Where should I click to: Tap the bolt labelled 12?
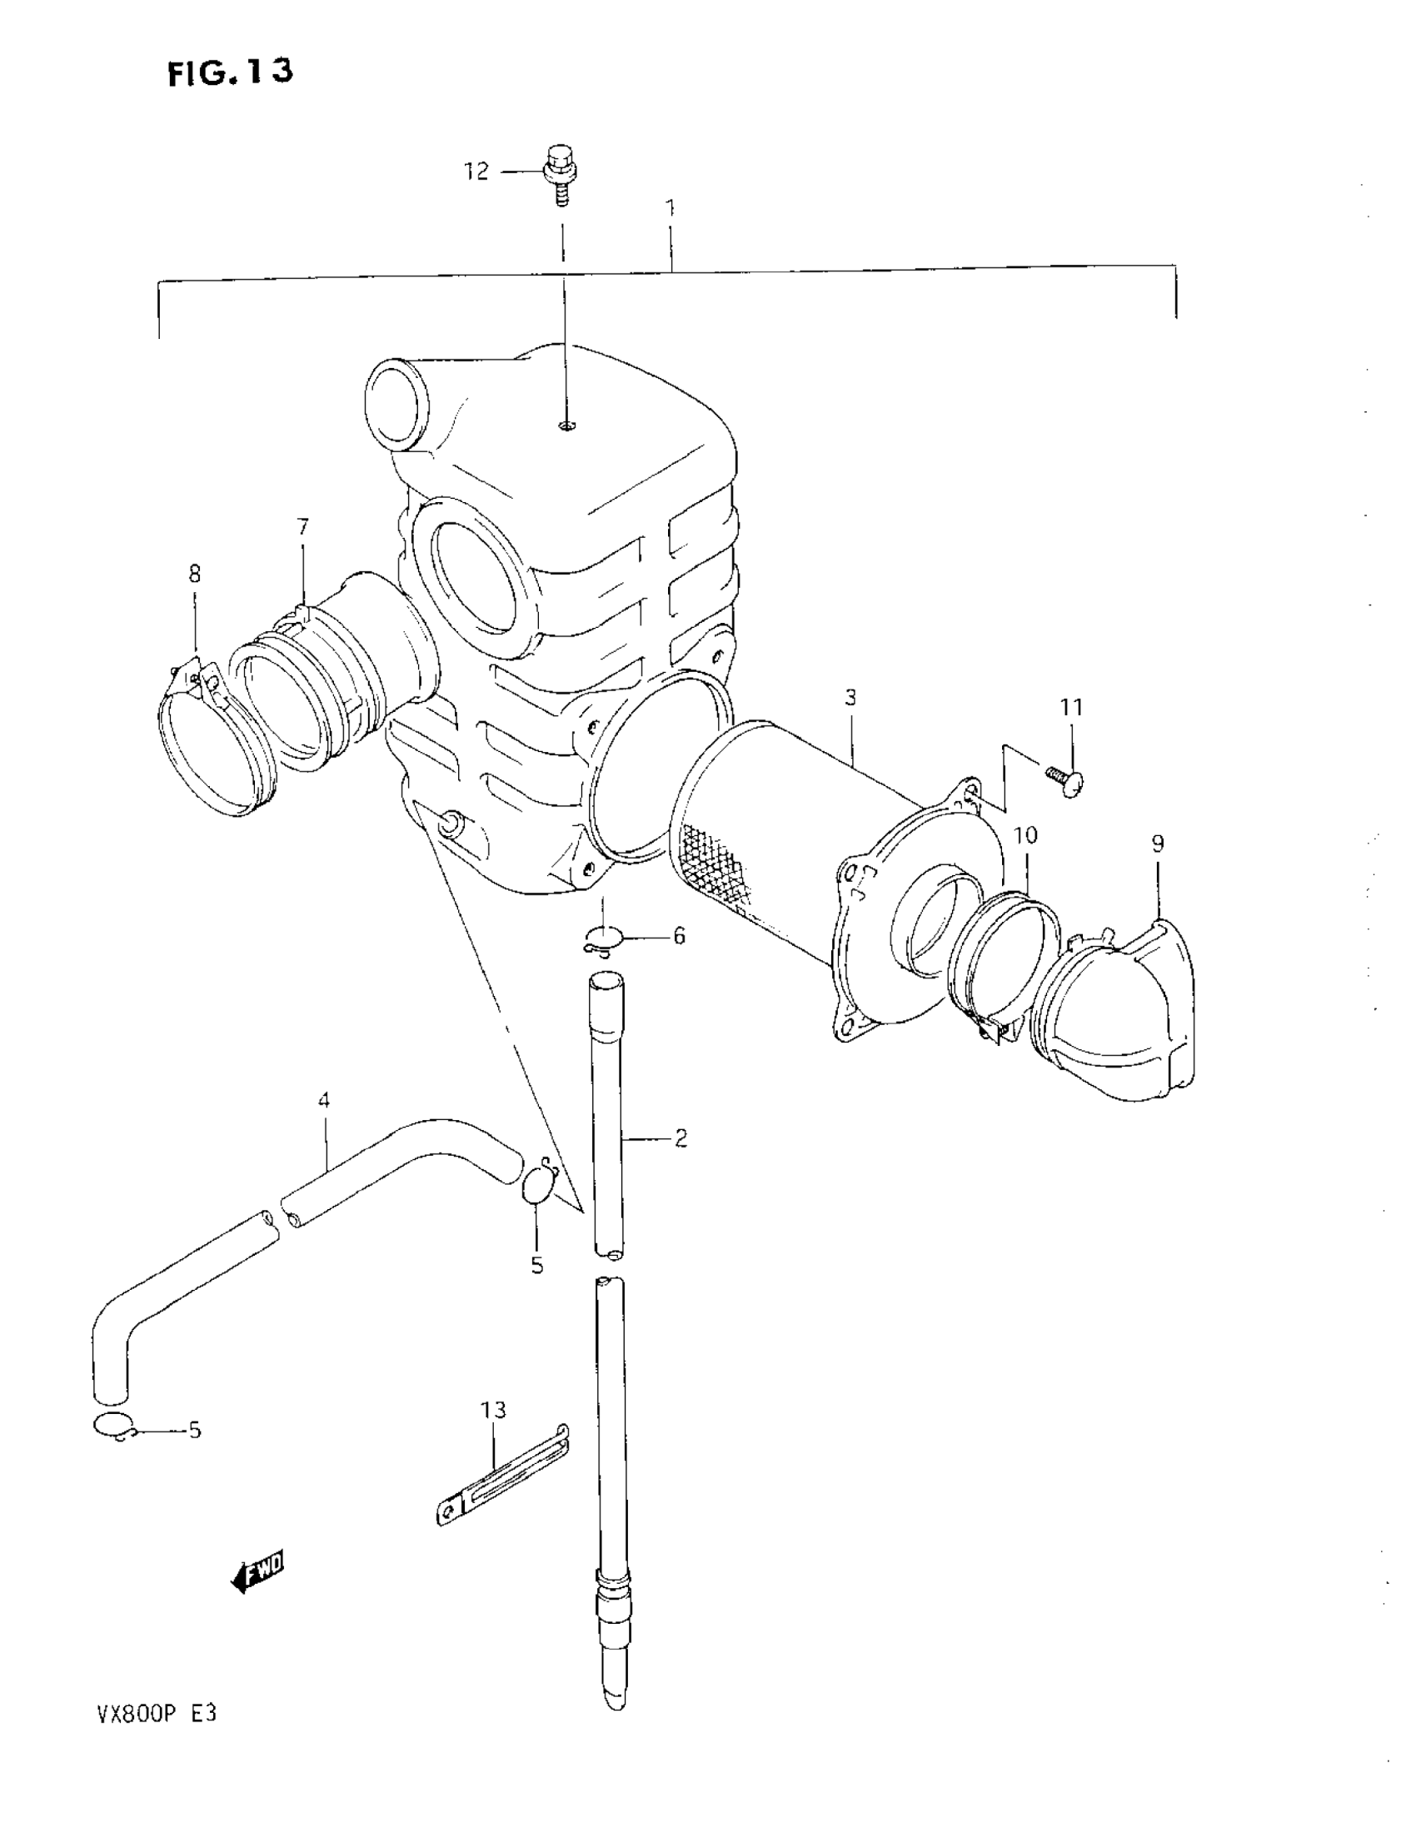(x=557, y=174)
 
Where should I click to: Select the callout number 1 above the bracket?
(x=671, y=207)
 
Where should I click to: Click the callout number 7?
(x=303, y=527)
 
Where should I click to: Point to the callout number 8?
(x=195, y=575)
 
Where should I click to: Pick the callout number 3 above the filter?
(x=850, y=697)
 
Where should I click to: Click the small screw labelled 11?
(x=1065, y=778)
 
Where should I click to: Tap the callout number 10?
(x=1025, y=835)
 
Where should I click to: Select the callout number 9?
(x=1158, y=844)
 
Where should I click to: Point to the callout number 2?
(x=681, y=1139)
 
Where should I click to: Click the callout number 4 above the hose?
(x=324, y=1100)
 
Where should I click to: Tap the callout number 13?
(x=494, y=1410)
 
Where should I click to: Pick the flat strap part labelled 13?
(x=503, y=1474)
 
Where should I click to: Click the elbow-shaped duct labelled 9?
(x=1119, y=1018)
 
